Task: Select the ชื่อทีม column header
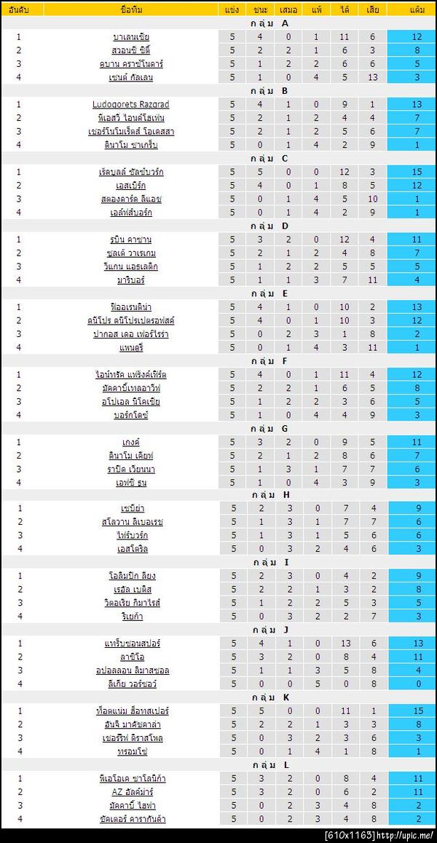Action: coord(131,9)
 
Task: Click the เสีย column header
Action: coord(372,9)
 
